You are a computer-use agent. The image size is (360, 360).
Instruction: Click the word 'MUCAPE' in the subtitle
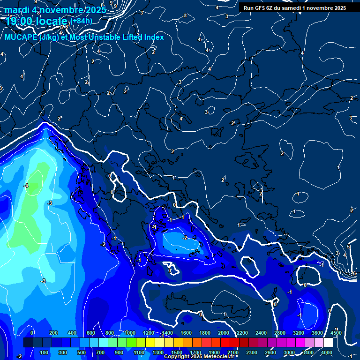[x=21, y=37]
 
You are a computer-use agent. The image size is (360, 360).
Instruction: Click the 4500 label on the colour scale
[x=335, y=333]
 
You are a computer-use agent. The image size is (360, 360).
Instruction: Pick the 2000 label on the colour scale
[x=224, y=333]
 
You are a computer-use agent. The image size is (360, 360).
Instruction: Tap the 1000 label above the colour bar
[x=130, y=333]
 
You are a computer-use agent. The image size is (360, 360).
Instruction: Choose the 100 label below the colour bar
[x=45, y=352]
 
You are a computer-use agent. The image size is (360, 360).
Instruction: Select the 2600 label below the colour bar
[x=270, y=352]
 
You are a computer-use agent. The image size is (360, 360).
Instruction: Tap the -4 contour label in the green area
[x=26, y=186]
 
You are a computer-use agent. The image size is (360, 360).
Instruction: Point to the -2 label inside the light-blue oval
[x=185, y=238]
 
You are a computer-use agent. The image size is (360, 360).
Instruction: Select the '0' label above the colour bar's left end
[x=32, y=333]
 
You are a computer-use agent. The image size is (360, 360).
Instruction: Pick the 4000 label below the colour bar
[x=327, y=352]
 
